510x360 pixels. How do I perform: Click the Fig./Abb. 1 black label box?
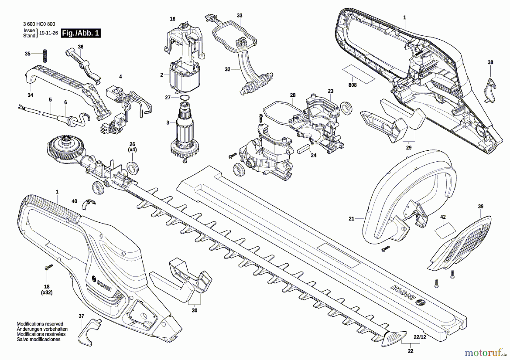tap(81, 33)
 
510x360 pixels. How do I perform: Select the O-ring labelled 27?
tap(184, 98)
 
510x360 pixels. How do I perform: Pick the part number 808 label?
tap(352, 85)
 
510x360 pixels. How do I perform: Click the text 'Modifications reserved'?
tap(40, 324)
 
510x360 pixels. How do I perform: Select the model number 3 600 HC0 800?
tap(39, 24)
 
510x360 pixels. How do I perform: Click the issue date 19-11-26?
tap(48, 33)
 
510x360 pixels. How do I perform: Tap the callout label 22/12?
tap(420, 337)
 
